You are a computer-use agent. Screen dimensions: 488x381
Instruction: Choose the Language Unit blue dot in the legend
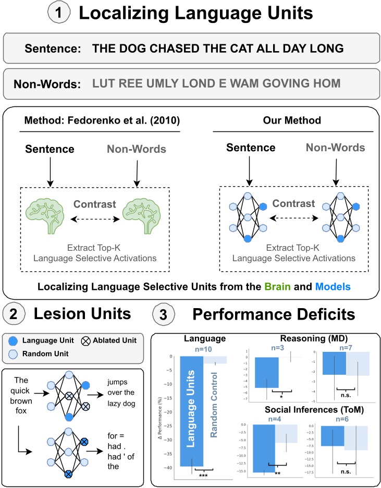point(15,340)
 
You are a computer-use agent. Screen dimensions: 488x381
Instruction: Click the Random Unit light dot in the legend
point(15,354)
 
